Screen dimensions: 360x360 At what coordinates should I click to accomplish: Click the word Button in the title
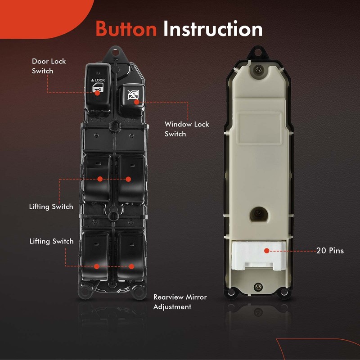(x=126, y=29)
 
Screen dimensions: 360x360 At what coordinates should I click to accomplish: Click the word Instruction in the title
(x=213, y=29)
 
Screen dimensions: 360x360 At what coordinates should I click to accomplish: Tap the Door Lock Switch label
(x=49, y=66)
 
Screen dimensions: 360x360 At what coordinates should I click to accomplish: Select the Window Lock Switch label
(x=187, y=129)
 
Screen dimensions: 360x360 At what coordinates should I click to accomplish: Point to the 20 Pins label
(x=330, y=251)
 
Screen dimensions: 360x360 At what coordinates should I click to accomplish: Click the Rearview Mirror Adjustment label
(x=180, y=302)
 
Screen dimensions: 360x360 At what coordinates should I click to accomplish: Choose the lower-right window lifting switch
(x=131, y=254)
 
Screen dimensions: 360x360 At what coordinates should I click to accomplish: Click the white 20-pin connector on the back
(x=257, y=256)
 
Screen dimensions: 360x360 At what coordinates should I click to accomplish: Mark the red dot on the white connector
(x=267, y=251)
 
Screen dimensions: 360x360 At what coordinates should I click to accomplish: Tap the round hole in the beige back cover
(x=258, y=213)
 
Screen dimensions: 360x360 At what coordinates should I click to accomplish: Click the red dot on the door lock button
(x=97, y=93)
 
